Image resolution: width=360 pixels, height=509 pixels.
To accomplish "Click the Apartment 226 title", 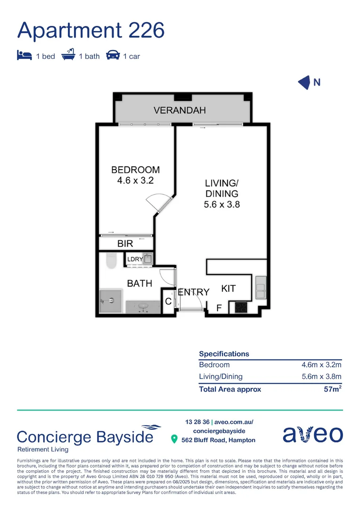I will click(x=91, y=30).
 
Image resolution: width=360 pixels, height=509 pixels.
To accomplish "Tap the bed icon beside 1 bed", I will click(x=24, y=55).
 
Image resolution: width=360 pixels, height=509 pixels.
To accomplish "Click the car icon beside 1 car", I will click(x=113, y=55).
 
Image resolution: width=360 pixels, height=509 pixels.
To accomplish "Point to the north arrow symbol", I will click(x=304, y=82).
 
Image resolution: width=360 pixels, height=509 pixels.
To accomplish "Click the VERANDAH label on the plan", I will click(x=180, y=111).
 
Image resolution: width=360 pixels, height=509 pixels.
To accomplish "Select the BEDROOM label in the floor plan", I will click(x=135, y=170).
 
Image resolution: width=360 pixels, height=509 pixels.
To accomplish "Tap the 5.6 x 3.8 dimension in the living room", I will click(x=221, y=205).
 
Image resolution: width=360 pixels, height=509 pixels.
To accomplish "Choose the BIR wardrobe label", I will click(x=125, y=244).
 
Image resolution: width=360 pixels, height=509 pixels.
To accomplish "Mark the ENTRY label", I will click(x=193, y=293).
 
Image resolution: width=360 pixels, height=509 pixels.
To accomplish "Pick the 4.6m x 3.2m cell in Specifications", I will click(x=321, y=365).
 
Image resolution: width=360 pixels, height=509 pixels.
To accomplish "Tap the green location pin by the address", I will click(x=174, y=440).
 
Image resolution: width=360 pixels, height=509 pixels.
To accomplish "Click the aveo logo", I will click(x=313, y=434).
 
